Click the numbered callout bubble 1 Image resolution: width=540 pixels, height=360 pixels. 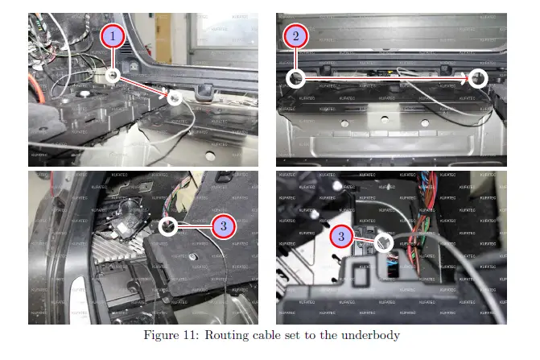coord(113,36)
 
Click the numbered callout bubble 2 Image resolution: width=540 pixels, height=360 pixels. coord(296,36)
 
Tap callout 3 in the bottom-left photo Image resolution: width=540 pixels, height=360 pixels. coord(224,226)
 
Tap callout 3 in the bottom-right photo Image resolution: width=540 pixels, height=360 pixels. coord(342,237)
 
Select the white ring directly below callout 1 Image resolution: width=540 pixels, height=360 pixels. coord(113,75)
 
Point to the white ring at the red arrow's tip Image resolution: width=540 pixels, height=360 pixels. coord(174,97)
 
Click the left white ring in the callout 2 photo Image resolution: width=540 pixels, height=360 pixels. coord(296,78)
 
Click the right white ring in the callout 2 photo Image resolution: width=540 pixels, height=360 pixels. coord(478,78)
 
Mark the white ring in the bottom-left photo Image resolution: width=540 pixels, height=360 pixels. coord(168,227)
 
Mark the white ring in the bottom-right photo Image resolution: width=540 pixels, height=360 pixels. coord(384,240)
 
